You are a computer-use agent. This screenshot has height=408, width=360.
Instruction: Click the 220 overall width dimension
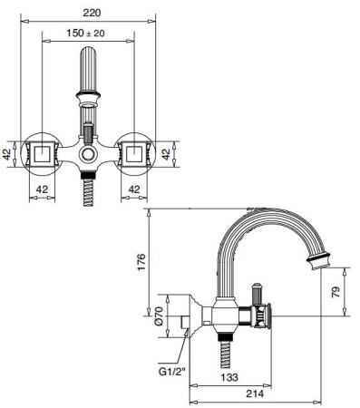pyautogui.click(x=88, y=13)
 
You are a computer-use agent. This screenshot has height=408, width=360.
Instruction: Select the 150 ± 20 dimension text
pyautogui.click(x=89, y=34)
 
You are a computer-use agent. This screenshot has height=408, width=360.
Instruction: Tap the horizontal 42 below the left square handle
pyautogui.click(x=42, y=189)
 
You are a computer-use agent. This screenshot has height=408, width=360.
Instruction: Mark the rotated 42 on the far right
pyautogui.click(x=167, y=153)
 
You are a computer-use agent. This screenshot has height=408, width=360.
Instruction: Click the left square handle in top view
pyautogui.click(x=42, y=151)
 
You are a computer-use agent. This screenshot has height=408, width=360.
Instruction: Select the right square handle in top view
pyautogui.click(x=134, y=151)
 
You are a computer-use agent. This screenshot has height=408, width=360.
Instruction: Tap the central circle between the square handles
pyautogui.click(x=88, y=155)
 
